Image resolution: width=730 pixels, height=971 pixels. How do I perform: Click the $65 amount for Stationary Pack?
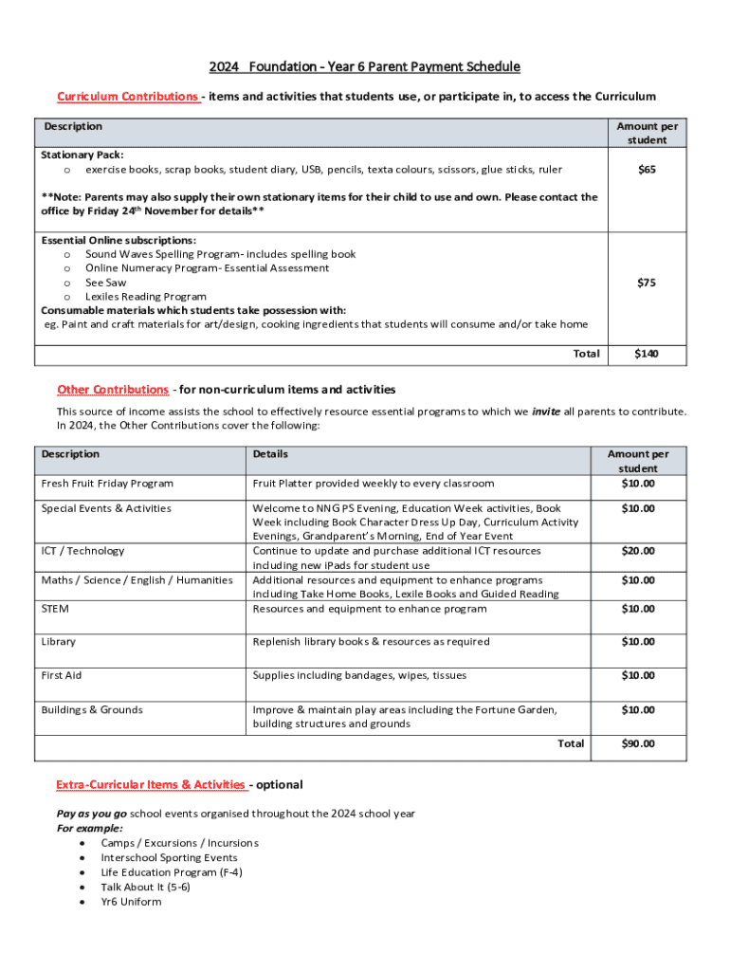point(648,170)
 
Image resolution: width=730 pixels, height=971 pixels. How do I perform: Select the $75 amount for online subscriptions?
point(648,283)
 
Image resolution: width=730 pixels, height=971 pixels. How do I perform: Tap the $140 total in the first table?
point(648,354)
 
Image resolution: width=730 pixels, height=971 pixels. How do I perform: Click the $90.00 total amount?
point(637,744)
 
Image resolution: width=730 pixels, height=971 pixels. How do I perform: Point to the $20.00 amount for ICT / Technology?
point(637,551)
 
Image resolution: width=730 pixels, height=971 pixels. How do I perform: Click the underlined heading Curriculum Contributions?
point(128,97)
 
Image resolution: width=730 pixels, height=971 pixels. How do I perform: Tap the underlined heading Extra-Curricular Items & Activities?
point(151,784)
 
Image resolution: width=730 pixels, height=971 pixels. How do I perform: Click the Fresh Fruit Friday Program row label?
point(107,484)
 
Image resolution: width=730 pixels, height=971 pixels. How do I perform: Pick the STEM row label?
point(55,609)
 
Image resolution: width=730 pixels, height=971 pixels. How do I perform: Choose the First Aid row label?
point(62,676)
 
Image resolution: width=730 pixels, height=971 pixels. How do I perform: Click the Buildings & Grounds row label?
point(92,710)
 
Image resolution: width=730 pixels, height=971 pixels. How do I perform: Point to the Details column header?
point(270,454)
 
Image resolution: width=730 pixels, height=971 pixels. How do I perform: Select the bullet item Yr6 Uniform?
point(131,902)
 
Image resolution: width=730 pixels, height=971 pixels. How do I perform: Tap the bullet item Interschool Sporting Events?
point(169,858)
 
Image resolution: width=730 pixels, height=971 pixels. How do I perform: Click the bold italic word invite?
point(545,412)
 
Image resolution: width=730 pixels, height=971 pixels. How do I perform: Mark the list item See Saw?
point(105,283)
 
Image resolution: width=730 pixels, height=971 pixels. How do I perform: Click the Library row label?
point(59,642)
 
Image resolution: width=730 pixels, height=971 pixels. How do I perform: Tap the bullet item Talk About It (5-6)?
point(145,888)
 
